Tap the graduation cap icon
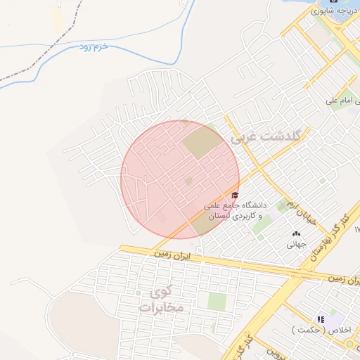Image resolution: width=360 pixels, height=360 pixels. tap(235, 195)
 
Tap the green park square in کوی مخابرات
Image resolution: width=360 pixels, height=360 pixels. tap(217, 302)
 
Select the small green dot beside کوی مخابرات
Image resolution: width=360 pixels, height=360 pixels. tap(139, 292)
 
